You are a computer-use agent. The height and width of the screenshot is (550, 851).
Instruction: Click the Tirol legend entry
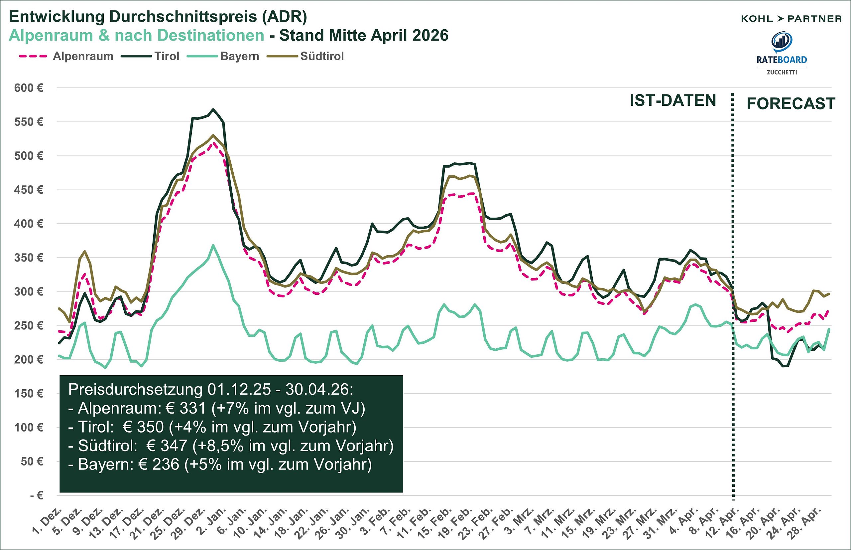[x=167, y=57]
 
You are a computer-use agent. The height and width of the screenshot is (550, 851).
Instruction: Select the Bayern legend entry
[x=239, y=57]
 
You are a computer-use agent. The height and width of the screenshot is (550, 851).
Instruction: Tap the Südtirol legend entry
[x=322, y=57]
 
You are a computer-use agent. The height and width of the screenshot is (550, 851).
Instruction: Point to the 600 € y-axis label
[x=29, y=88]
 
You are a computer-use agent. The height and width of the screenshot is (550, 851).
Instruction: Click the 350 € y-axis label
[x=29, y=258]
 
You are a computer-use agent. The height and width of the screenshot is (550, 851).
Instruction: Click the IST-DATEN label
[x=673, y=101]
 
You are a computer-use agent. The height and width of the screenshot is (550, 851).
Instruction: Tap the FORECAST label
[x=791, y=104]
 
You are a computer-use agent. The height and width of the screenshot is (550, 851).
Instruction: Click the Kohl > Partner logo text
[x=791, y=19]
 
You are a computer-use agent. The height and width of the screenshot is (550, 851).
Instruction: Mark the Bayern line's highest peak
[x=213, y=245]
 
